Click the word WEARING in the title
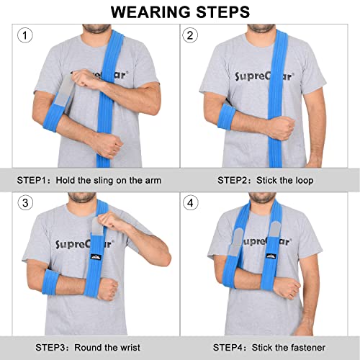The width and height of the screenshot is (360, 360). pos(151,12)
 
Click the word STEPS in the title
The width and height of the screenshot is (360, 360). pos(223,12)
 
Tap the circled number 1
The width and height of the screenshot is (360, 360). pos(25,35)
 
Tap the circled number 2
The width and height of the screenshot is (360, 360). pos(190,35)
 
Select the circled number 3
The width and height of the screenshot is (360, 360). pos(25,203)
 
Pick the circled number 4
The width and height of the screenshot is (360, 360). pos(191,203)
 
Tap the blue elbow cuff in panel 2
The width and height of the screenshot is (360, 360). pos(226,117)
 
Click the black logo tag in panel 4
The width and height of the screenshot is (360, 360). pos(271,256)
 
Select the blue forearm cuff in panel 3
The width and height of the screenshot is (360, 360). pos(51,282)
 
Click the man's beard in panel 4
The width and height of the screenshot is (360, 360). pos(262,198)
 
